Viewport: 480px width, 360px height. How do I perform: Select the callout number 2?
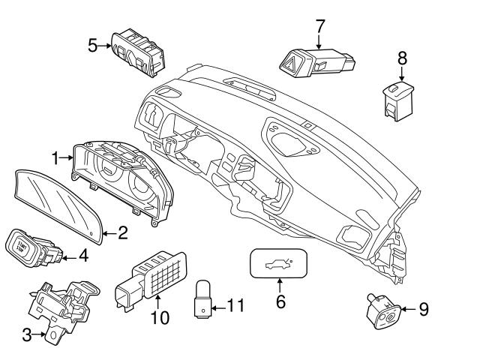122,233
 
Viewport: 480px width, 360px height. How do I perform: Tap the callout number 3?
27,335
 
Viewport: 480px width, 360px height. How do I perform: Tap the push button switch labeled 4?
28,248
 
